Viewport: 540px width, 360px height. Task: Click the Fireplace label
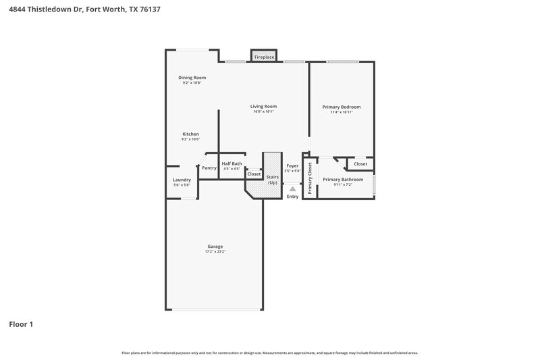point(264,58)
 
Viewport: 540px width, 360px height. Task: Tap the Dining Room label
point(192,78)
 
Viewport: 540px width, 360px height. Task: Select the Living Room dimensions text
point(264,112)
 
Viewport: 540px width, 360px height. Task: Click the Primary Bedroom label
point(341,107)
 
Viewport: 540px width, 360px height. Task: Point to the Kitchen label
point(190,134)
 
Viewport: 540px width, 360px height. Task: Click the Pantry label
point(209,168)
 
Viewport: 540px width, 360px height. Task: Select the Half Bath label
point(232,163)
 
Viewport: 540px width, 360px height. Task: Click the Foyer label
point(292,165)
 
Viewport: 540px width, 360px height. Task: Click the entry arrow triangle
point(292,190)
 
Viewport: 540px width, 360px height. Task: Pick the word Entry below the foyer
point(292,197)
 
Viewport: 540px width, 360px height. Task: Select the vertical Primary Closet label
point(310,178)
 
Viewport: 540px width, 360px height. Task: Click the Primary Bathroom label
point(343,180)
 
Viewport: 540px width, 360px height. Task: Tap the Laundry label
point(182,180)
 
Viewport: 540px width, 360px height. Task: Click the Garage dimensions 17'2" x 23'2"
point(215,252)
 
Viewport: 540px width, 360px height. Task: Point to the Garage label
point(215,246)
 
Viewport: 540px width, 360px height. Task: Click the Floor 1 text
point(21,324)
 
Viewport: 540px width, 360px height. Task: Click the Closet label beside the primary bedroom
point(360,163)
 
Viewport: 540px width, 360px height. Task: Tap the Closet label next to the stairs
point(254,174)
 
